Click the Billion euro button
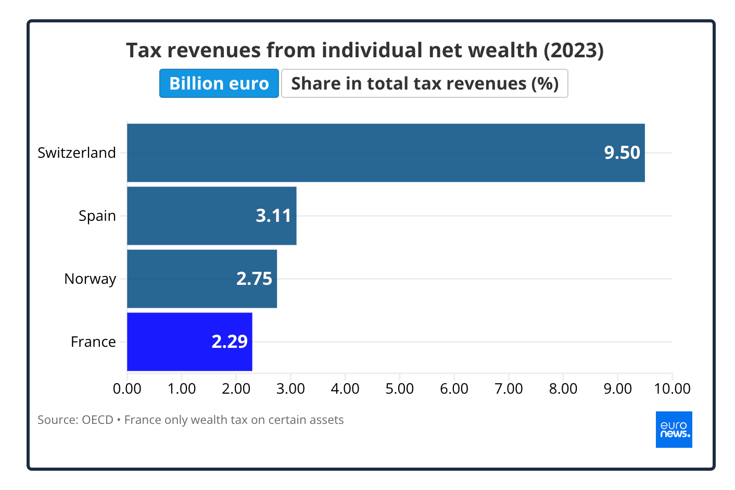[219, 83]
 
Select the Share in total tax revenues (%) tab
[424, 83]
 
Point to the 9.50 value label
[622, 153]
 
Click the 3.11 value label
[273, 216]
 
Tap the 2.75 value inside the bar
[254, 279]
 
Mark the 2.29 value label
[230, 342]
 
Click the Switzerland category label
[77, 153]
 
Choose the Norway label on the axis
[90, 279]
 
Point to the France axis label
[93, 342]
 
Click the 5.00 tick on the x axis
[399, 388]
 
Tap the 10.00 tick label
[672, 388]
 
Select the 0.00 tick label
[127, 388]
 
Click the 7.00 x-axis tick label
[509, 388]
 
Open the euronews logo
[674, 430]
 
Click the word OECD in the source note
[97, 420]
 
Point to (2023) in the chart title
[574, 51]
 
